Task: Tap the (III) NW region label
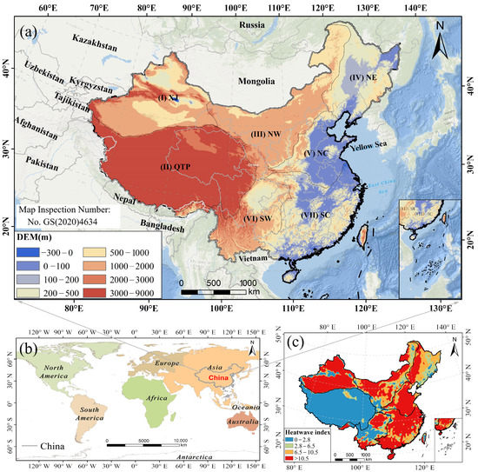265,135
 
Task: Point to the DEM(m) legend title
37,236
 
